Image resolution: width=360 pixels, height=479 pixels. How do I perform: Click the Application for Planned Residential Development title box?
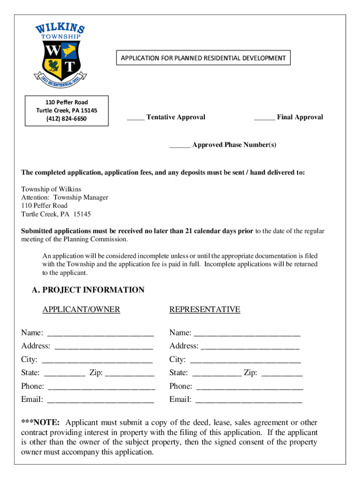203,58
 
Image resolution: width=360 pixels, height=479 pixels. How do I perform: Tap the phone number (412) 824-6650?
66,118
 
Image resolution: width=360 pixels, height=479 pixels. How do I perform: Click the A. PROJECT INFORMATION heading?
88,290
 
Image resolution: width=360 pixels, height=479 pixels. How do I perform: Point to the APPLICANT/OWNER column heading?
81,309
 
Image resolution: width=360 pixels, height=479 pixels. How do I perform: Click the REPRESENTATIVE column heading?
204,309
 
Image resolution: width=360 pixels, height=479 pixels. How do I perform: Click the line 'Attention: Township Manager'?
65,197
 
